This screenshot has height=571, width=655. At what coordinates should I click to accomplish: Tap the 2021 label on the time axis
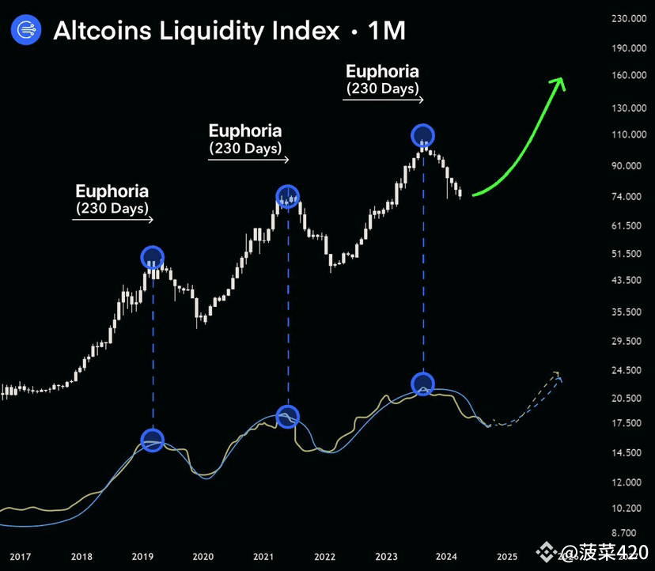264,556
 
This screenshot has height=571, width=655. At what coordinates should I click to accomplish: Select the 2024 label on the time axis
446,556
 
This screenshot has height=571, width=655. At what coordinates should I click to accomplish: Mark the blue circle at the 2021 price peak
287,196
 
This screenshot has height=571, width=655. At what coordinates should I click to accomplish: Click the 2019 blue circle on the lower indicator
152,441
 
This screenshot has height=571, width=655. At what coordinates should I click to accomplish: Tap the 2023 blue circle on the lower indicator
423,384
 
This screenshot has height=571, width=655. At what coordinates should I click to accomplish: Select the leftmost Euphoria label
112,191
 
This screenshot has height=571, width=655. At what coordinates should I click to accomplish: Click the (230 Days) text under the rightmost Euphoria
382,89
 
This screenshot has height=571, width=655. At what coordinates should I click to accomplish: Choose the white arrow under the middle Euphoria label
248,160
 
